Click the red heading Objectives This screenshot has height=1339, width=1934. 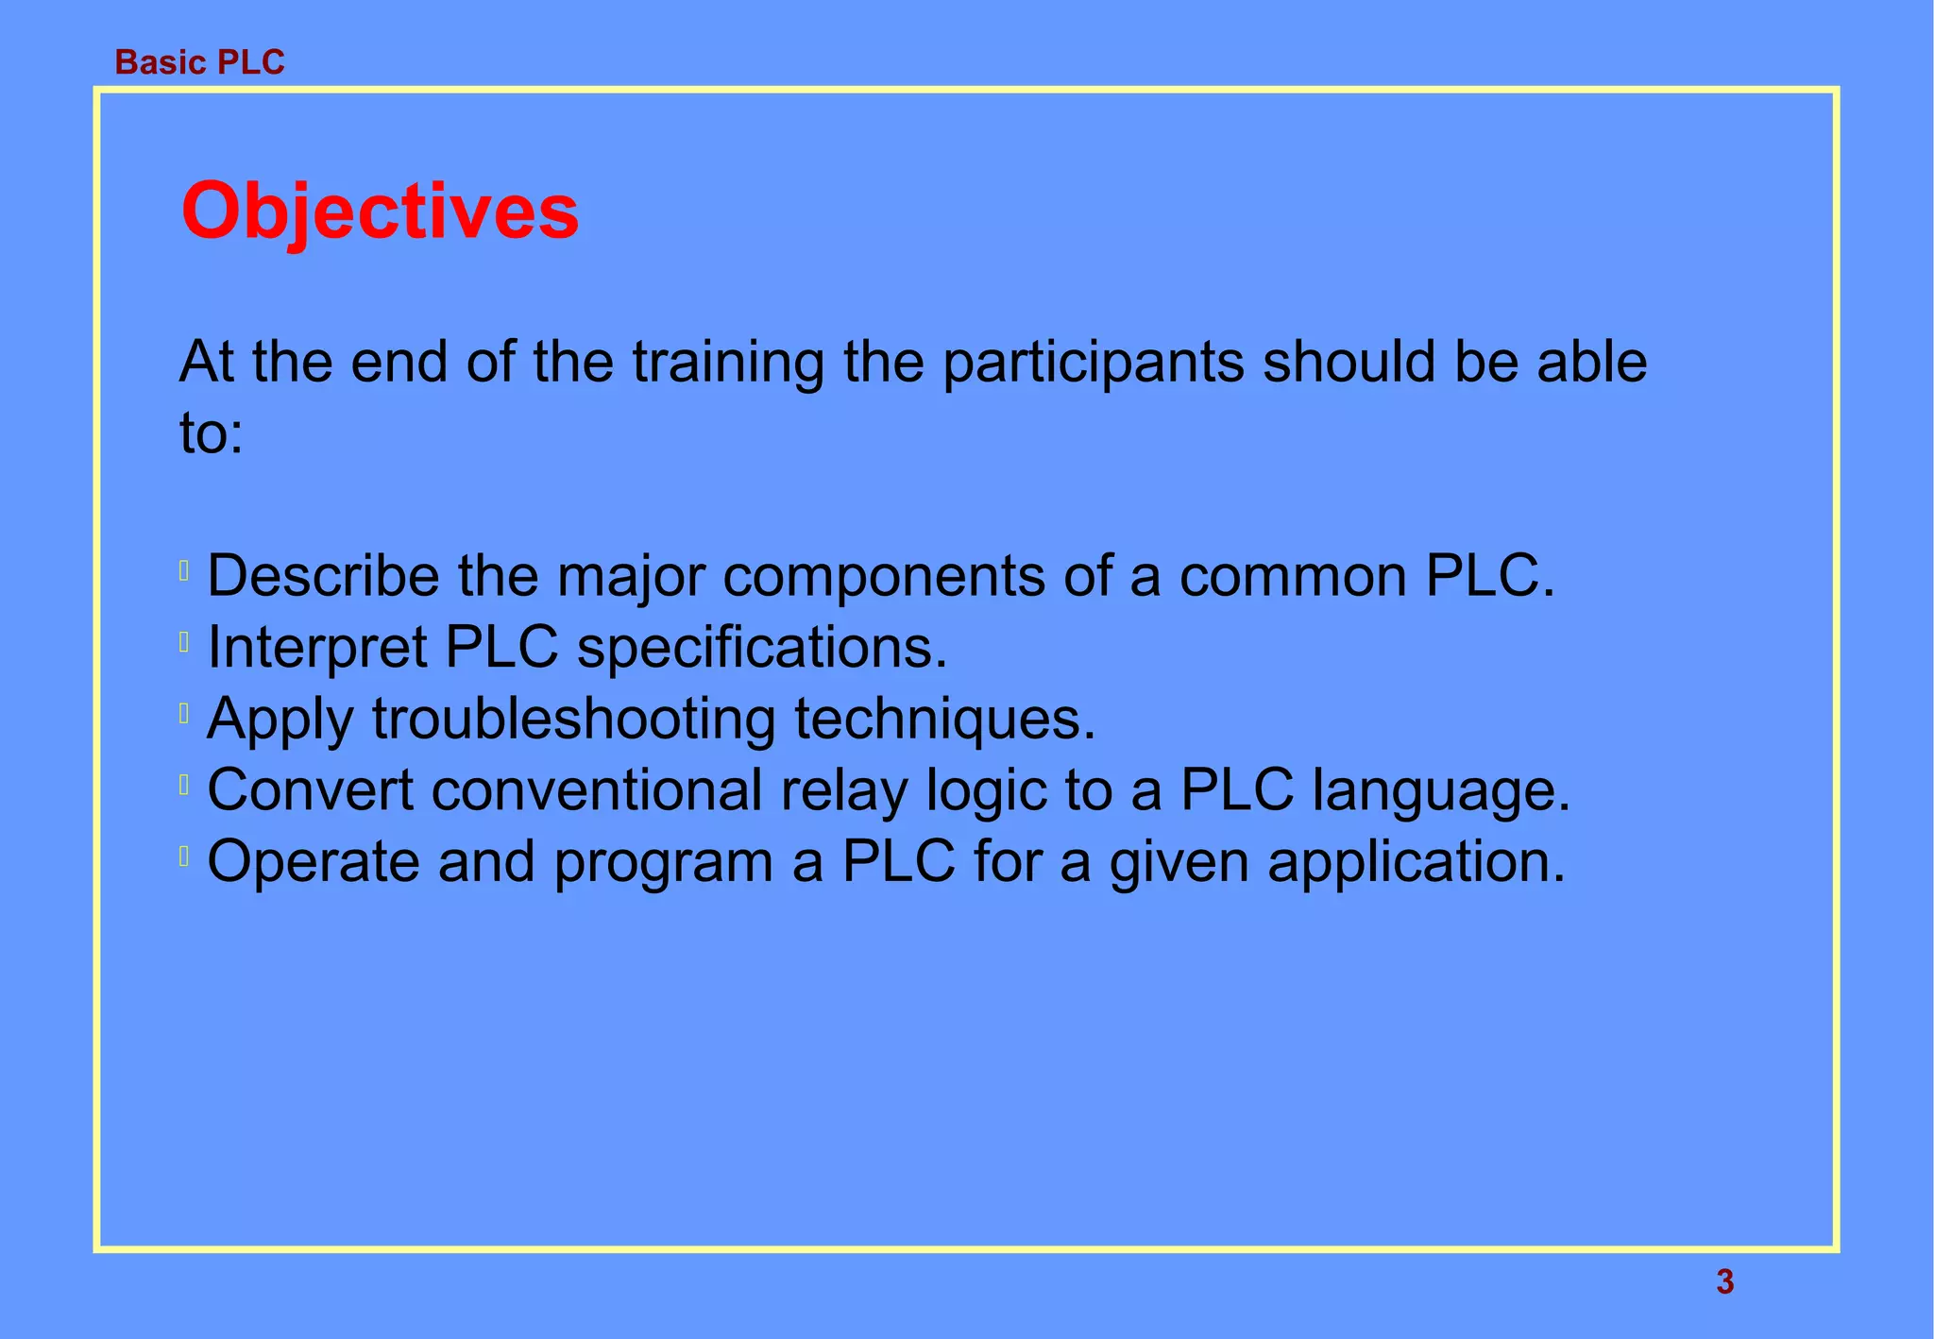tap(380, 212)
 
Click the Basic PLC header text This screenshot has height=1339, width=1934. tap(199, 62)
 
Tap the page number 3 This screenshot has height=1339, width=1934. tap(1724, 1281)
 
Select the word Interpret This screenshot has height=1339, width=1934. tap(317, 648)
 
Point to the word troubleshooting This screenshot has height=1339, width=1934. tap(573, 720)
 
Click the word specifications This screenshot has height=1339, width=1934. tap(761, 648)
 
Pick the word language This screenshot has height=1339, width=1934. tap(1440, 791)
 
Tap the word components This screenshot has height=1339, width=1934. tap(884, 577)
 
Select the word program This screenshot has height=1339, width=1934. tap(663, 863)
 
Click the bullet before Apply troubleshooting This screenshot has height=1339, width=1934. tap(184, 713)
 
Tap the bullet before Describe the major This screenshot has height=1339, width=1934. tap(184, 570)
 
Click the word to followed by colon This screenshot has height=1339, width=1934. tap(211, 434)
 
